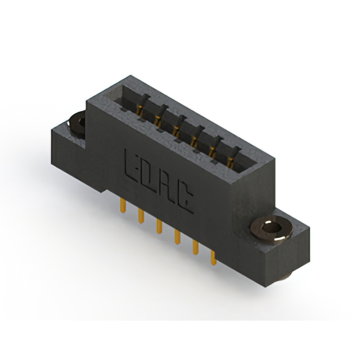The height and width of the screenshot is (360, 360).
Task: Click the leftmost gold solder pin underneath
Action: click(x=123, y=205)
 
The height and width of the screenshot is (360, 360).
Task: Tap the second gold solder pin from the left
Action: click(x=141, y=216)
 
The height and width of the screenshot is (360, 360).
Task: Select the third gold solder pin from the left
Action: click(x=159, y=226)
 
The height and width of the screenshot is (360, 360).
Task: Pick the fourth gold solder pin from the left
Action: click(x=177, y=237)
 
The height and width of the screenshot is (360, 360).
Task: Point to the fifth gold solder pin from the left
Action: click(x=196, y=247)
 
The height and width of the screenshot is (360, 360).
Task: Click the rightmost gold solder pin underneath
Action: click(x=214, y=258)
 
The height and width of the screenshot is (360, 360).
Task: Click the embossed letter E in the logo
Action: click(x=130, y=165)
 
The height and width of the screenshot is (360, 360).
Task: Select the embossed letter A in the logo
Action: click(x=168, y=190)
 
